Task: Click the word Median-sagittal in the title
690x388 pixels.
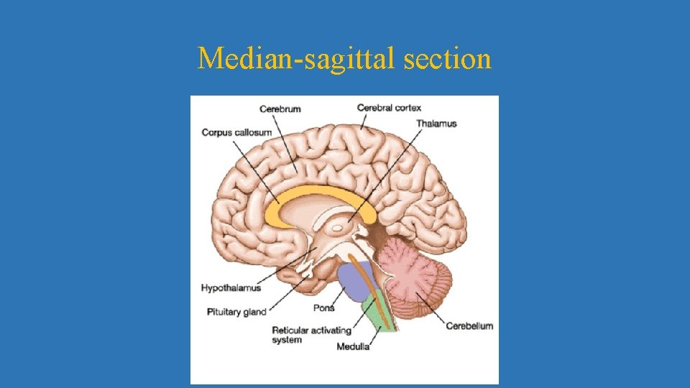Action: coord(297,58)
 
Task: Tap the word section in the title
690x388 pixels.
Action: coord(448,58)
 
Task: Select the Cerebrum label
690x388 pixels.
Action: coord(280,109)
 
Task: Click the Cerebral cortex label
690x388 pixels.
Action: coord(389,108)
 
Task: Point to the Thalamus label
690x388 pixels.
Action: coord(436,124)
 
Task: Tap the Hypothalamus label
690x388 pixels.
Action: coord(231,288)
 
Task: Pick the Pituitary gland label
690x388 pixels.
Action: coord(236,312)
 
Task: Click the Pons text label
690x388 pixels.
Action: coord(324,308)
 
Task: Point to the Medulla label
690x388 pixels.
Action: coord(353,346)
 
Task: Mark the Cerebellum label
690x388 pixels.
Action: coord(469,325)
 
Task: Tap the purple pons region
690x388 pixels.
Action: coord(354,280)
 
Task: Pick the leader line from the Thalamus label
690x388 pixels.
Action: coord(388,172)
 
